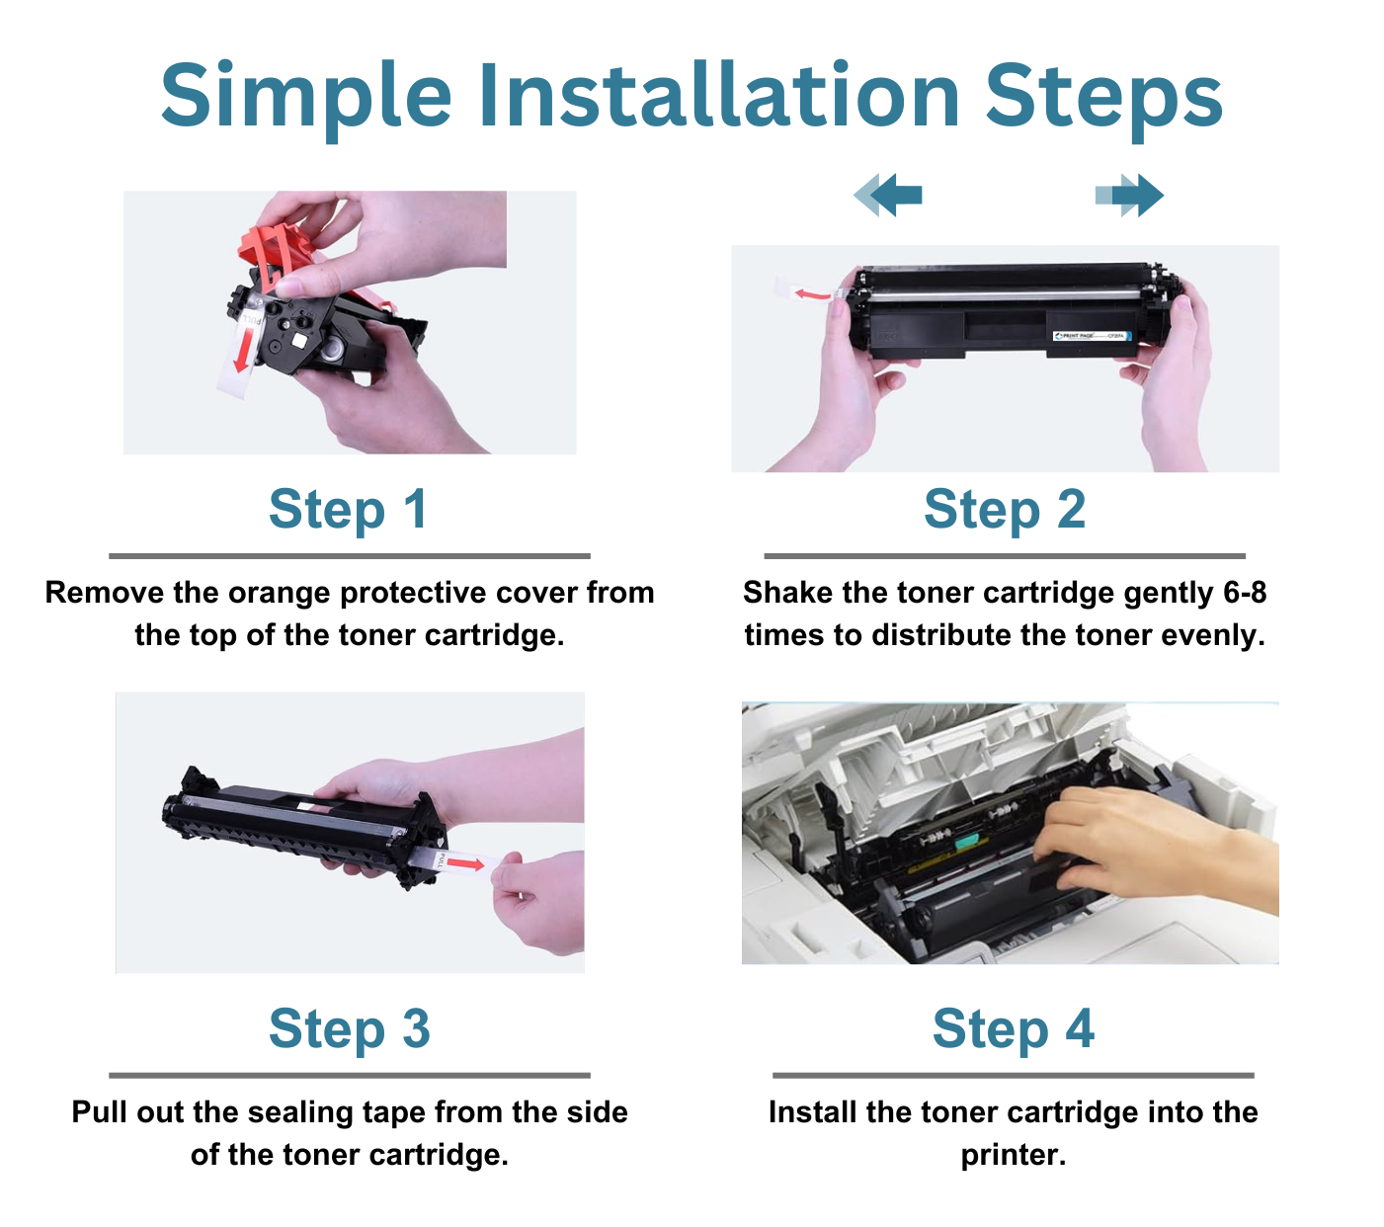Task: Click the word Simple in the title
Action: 305,97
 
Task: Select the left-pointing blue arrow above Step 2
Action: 889,195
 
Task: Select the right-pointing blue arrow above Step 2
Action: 1130,195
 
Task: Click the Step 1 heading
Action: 348,510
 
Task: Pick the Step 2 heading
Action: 1004,510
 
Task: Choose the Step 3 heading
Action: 349,1029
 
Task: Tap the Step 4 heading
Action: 1013,1029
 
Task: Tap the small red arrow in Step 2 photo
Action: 812,293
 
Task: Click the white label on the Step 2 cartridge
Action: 1091,336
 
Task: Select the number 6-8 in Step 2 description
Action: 1244,593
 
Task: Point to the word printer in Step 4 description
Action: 1012,1155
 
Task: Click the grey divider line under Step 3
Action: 349,1075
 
